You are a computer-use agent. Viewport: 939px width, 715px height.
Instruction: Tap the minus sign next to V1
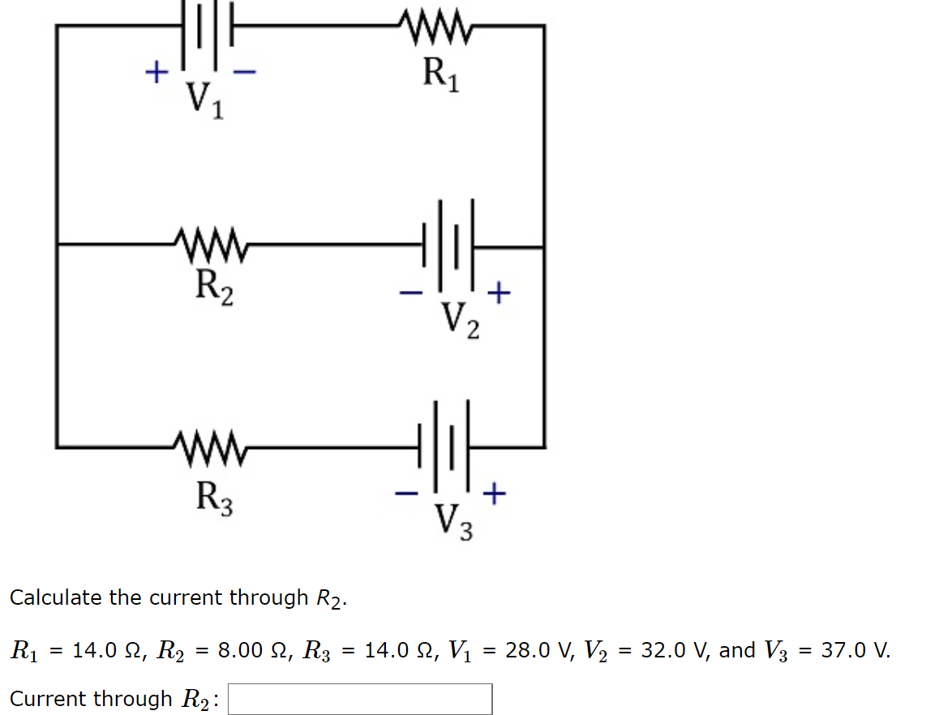tap(244, 72)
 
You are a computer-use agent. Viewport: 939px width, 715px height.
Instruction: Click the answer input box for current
tap(359, 699)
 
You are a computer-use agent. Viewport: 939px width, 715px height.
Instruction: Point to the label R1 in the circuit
tap(440, 75)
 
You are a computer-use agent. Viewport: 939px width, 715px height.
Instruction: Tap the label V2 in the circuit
tap(460, 319)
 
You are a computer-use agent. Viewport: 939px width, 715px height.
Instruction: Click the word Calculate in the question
tap(56, 598)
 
